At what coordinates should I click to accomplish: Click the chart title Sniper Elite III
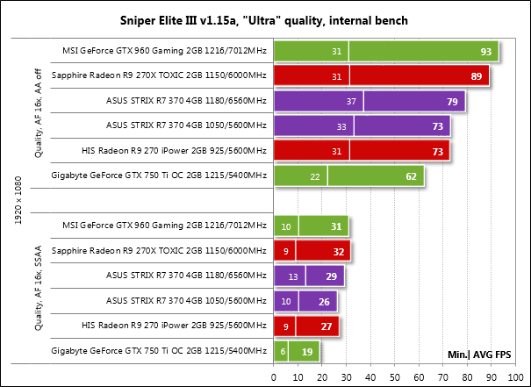pyautogui.click(x=265, y=19)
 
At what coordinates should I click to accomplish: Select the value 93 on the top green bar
pyautogui.click(x=485, y=52)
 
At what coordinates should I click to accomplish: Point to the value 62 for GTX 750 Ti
pyautogui.click(x=411, y=177)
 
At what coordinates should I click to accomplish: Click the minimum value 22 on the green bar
pyautogui.click(x=314, y=177)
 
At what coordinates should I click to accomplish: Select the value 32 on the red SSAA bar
pyautogui.click(x=335, y=253)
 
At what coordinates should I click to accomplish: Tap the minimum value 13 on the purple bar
pyautogui.click(x=292, y=277)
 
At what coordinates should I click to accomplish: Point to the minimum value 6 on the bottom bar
pyautogui.click(x=283, y=353)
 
